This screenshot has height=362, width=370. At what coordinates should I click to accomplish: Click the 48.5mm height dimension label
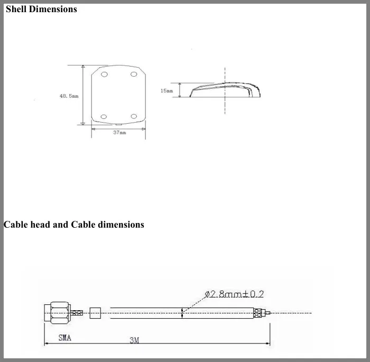pos(69,96)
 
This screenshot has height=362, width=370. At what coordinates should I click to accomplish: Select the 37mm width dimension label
pos(119,133)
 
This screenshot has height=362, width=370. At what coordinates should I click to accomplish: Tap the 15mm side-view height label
pos(166,91)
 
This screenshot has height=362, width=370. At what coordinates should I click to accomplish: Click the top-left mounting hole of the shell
pos(104,75)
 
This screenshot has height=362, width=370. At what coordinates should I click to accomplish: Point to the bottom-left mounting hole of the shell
pos(104,116)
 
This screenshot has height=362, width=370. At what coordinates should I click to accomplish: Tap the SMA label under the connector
pos(64,338)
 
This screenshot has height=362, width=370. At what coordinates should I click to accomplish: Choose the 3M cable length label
pos(134,340)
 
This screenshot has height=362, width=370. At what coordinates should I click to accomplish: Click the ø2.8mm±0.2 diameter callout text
pos(234,294)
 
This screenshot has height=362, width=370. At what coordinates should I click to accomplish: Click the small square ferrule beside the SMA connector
pos(95,313)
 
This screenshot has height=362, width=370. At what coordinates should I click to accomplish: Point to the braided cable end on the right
pos(260,313)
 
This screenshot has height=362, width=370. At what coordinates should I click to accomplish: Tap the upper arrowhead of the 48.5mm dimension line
pos(83,68)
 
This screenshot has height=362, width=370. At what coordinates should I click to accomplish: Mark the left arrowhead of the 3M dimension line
pos(47,344)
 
